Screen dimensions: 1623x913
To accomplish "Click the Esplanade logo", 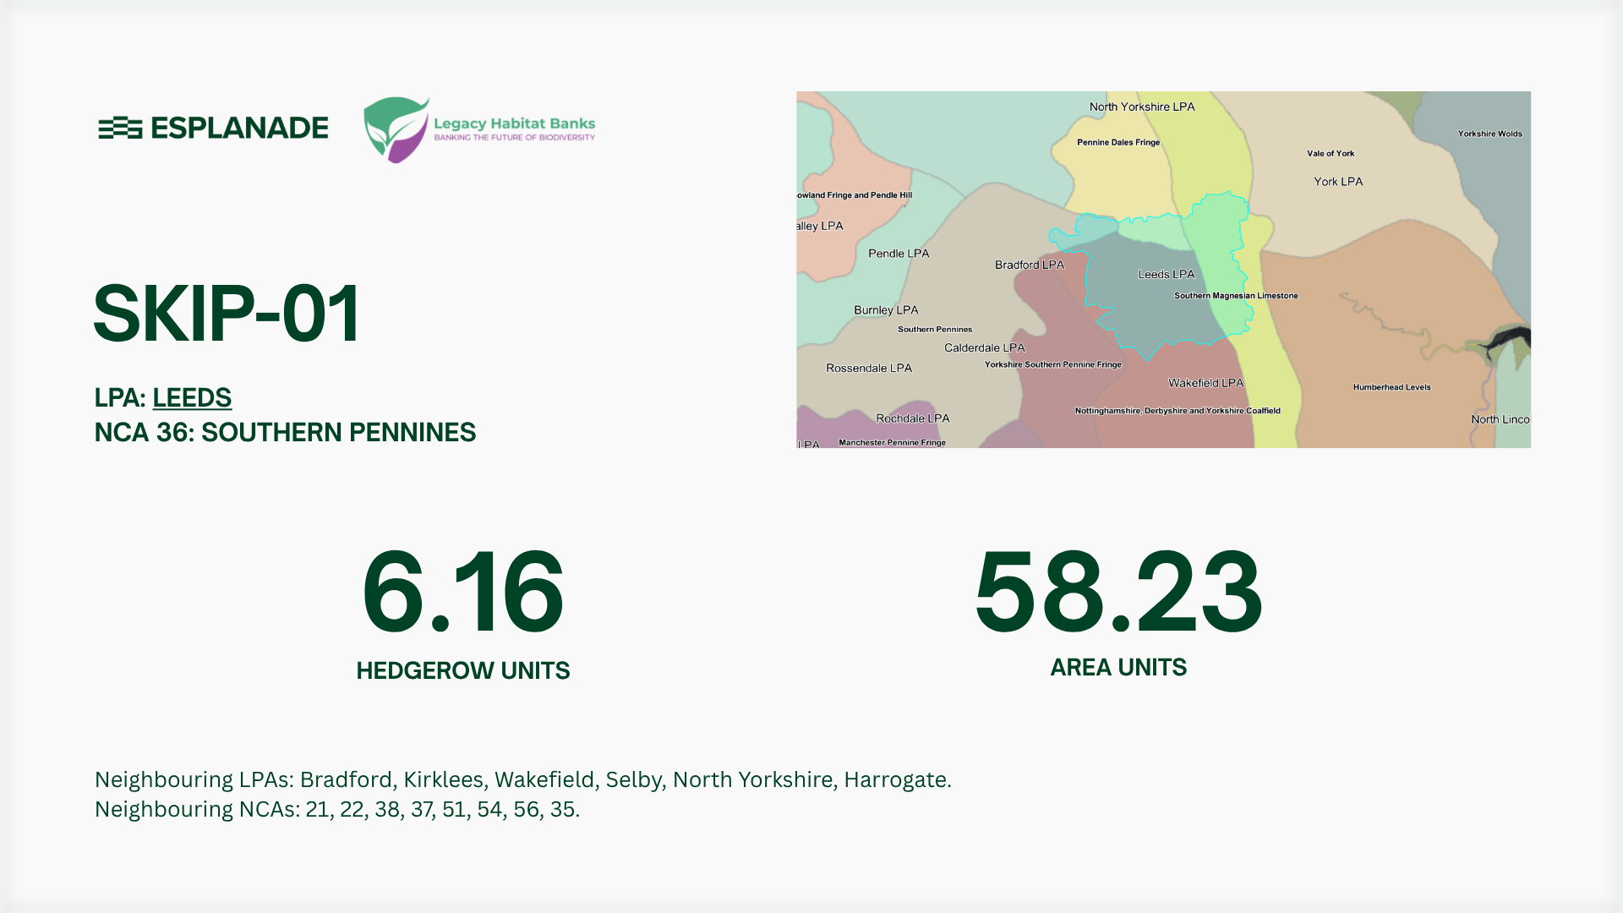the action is (213, 128).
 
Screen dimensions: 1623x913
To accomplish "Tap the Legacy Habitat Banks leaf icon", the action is (396, 129).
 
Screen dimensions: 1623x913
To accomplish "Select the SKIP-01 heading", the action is (227, 314).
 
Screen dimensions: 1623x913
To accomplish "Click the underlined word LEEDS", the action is (192, 397).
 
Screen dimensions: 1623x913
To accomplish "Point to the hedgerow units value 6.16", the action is (462, 592).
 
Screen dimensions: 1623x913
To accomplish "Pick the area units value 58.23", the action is (1118, 592).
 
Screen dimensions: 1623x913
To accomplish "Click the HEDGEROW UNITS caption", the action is (462, 670).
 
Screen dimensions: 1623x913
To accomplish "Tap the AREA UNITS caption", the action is (1118, 667).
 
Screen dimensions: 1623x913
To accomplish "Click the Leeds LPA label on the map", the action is (1166, 274).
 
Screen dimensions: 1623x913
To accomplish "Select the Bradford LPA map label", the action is (1029, 265).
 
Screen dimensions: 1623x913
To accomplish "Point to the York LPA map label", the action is (1337, 182).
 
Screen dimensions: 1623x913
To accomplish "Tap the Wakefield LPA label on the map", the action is (1205, 383).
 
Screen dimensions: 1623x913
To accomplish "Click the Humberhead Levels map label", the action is (1391, 387).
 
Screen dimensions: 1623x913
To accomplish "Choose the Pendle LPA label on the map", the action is (898, 254).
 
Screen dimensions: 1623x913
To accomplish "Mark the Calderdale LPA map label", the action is (984, 347).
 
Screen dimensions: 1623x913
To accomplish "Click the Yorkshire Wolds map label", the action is (1489, 134).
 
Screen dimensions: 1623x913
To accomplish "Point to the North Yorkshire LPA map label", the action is (1141, 107).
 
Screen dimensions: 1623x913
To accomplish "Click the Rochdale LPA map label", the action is (912, 418).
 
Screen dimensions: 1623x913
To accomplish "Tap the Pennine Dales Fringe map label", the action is (1118, 142).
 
